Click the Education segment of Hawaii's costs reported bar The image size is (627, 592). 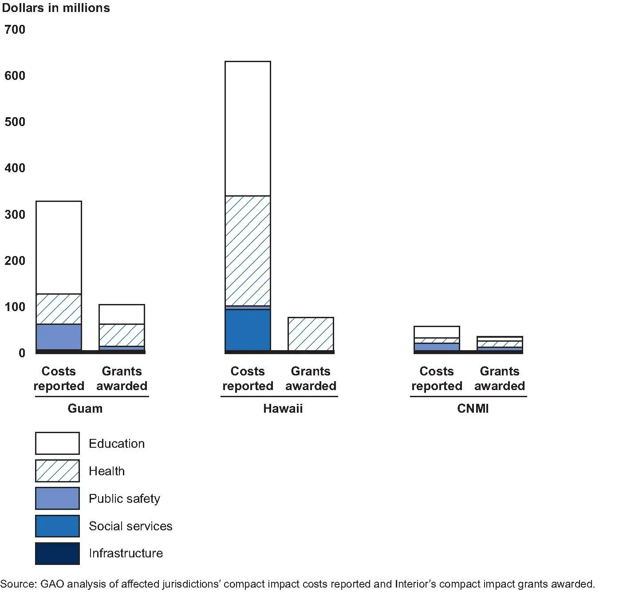coord(248,129)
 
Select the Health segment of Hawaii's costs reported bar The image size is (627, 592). coord(248,251)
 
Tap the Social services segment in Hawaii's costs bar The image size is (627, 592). coord(248,330)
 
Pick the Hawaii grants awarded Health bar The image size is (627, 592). coord(311,334)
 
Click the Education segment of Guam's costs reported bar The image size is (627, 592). coord(59,248)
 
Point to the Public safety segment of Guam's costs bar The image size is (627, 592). coord(59,337)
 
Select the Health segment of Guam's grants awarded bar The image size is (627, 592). coord(122,335)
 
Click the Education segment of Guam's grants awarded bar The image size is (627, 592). coord(122,314)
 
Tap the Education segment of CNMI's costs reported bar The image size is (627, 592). coord(437,332)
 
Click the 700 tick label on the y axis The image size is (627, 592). coord(15,30)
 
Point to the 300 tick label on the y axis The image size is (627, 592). coord(15,214)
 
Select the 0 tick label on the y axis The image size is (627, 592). coord(22,353)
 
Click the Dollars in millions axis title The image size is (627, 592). coord(56,8)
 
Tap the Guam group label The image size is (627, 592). coord(85,408)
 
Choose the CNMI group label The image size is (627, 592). coord(473,408)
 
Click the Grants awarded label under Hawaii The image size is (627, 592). coord(311,379)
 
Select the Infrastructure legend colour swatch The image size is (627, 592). coord(57,553)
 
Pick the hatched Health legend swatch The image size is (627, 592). coord(57,471)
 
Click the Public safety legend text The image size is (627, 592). coord(124,499)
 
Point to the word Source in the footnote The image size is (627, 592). coord(18,584)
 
